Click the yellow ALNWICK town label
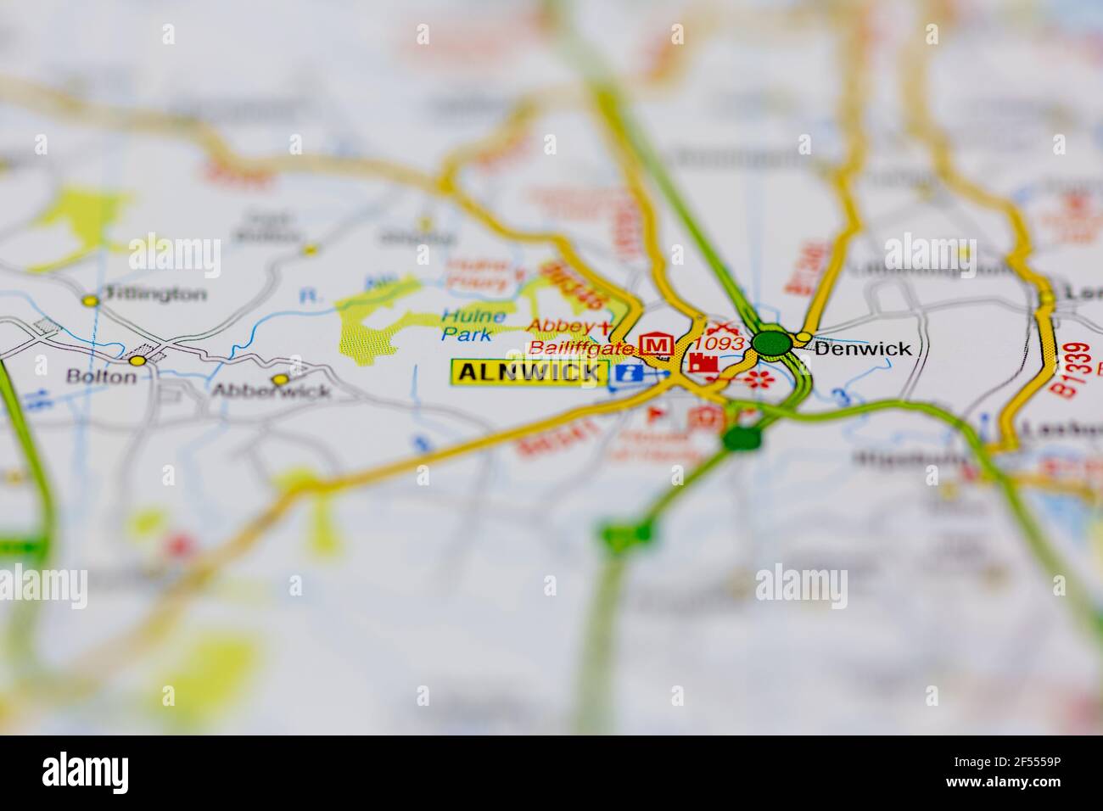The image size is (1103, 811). coord(530,372)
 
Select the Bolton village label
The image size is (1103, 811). coord(101,377)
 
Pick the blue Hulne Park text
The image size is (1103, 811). coord(473,326)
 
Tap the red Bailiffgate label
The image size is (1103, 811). coord(580,348)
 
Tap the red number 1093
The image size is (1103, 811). coord(719,344)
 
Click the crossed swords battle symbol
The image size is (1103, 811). coord(721,325)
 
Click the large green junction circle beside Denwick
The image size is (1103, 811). coord(771,344)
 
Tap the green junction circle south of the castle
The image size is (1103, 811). coord(742,439)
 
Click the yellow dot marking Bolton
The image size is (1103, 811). coord(137,361)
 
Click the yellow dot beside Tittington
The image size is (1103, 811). coord(90,299)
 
